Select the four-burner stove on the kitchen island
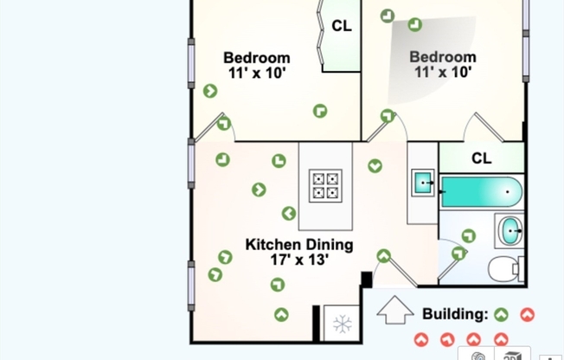[x=325, y=185]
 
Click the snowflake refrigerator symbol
[x=342, y=325]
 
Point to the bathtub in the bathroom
[x=481, y=191]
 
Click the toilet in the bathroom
[x=505, y=268]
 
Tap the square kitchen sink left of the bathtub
[x=423, y=183]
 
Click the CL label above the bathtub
[x=482, y=158]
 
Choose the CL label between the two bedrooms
[x=342, y=26]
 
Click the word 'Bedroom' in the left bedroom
[x=257, y=59]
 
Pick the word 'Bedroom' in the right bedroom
[x=442, y=58]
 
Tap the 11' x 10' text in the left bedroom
[x=257, y=74]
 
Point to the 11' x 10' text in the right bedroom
[x=442, y=73]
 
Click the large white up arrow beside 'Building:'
[x=395, y=310]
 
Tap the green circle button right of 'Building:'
[x=502, y=314]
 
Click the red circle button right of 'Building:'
[x=527, y=314]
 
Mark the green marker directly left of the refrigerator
[x=281, y=314]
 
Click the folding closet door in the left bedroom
[x=322, y=35]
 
